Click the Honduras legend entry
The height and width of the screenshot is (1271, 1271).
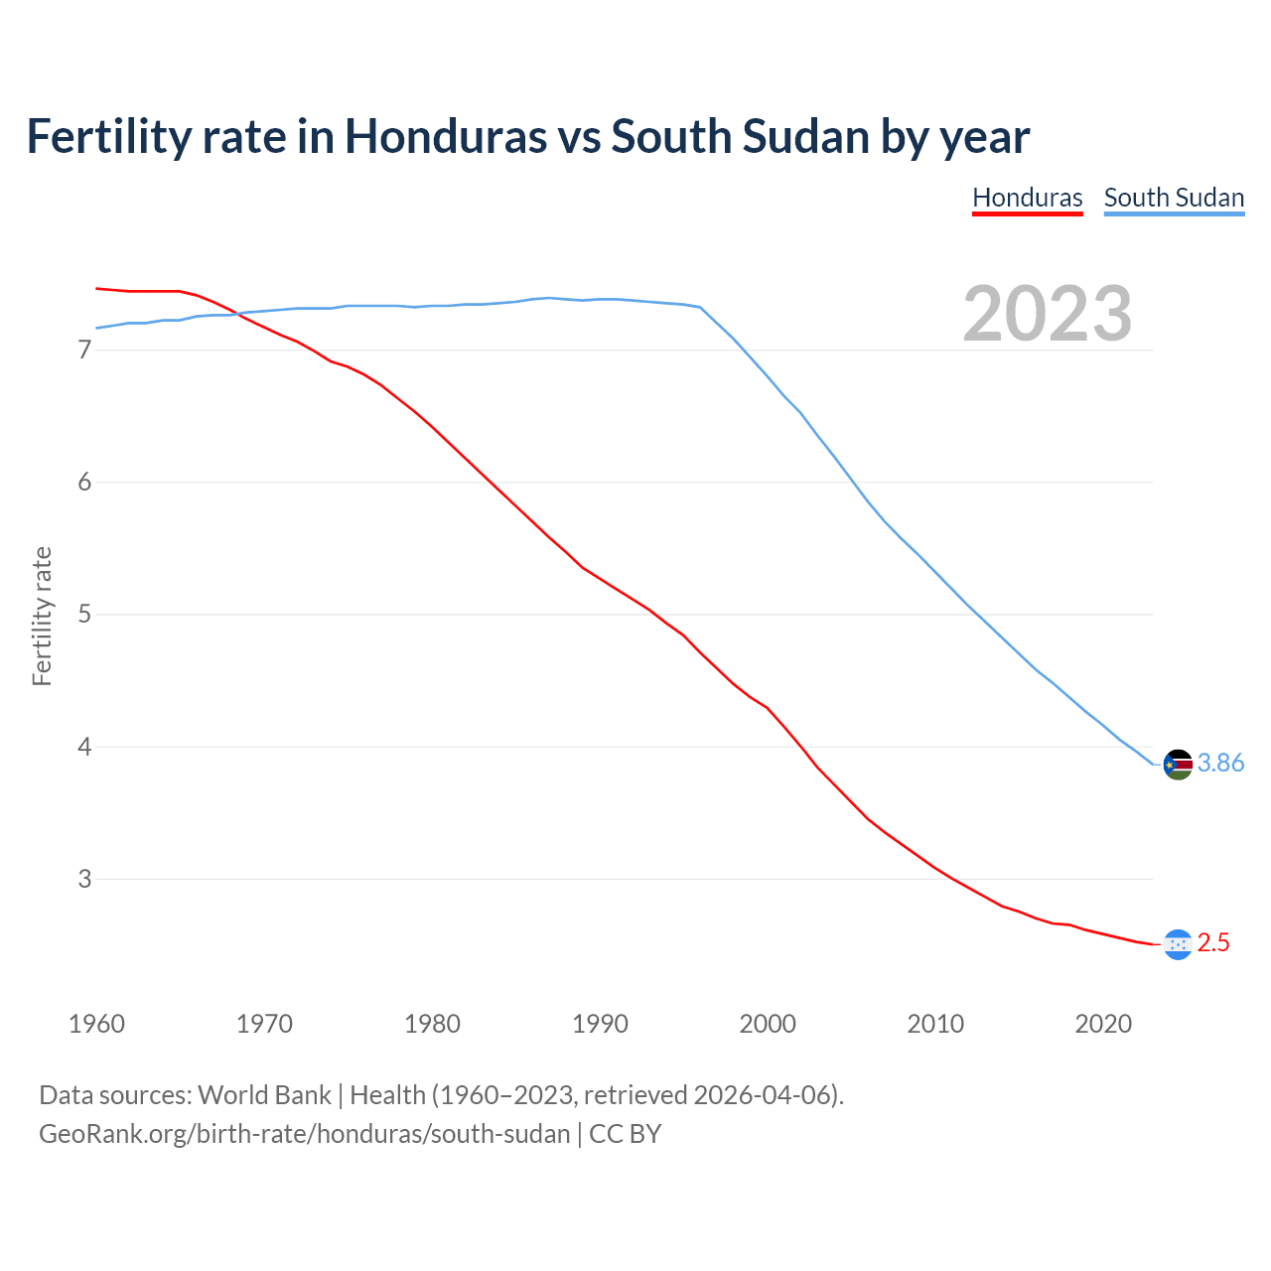[x=1027, y=198]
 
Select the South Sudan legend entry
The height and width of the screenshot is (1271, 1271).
[x=1174, y=198]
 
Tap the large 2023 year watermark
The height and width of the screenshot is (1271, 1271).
[x=1047, y=314]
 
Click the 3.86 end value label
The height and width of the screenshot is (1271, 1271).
[x=1220, y=763]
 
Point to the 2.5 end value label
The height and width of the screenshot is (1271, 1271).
[x=1213, y=942]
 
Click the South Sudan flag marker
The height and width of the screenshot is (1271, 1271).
[x=1178, y=765]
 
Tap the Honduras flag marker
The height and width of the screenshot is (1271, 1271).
[x=1178, y=944]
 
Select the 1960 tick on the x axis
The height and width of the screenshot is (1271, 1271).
[x=96, y=1024]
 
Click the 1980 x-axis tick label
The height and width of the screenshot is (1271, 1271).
[x=432, y=1024]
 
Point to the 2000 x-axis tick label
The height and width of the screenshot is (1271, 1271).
[x=768, y=1024]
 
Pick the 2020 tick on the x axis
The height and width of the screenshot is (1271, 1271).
[x=1103, y=1024]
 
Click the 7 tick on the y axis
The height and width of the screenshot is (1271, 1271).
[x=84, y=351]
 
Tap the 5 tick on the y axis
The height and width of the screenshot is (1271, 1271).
[x=84, y=615]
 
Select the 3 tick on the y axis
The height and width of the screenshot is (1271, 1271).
[x=84, y=879]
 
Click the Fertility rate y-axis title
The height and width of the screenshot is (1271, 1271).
[x=42, y=616]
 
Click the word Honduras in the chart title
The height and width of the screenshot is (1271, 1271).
[x=445, y=136]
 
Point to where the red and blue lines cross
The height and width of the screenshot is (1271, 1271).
[x=238, y=315]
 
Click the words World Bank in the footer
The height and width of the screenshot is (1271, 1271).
[x=264, y=1095]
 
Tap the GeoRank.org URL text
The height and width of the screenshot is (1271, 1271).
[x=304, y=1134]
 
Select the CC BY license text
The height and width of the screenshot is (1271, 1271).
[x=625, y=1134]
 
